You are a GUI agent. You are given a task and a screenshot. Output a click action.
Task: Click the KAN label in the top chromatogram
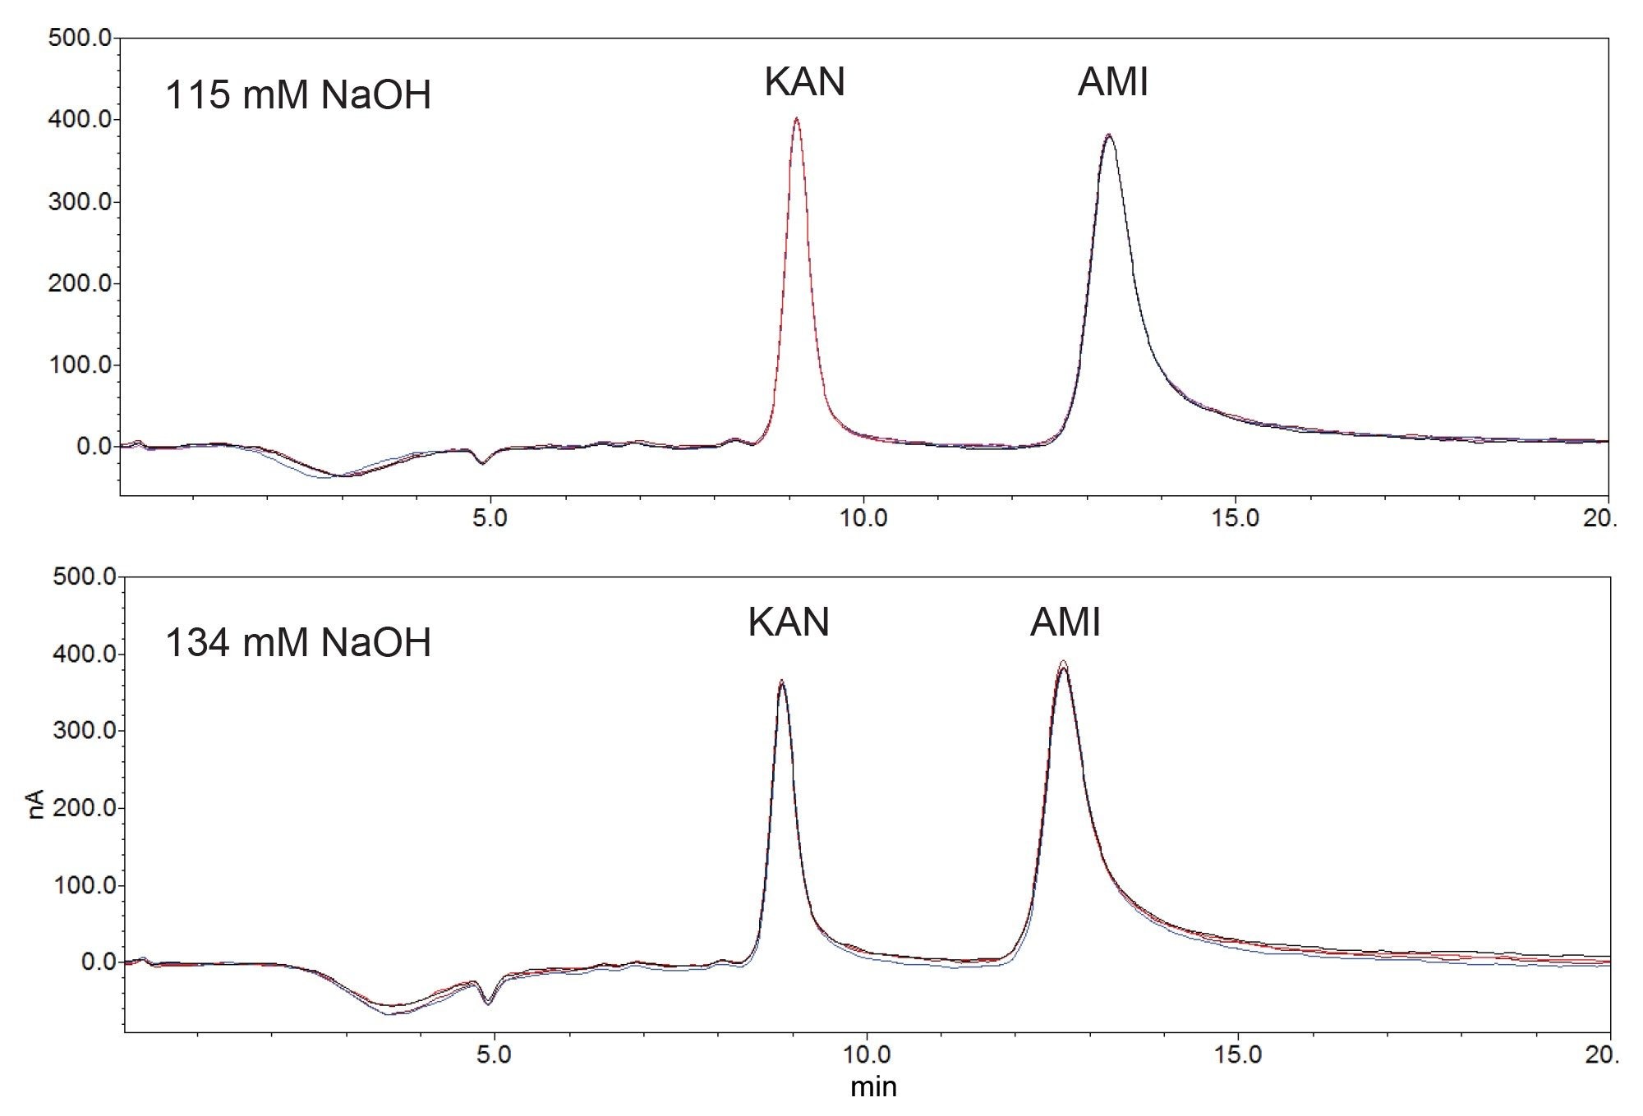804,82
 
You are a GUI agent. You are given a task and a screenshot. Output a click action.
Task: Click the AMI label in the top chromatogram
1112,82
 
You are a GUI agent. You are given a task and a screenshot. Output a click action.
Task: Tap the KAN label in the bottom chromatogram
788,622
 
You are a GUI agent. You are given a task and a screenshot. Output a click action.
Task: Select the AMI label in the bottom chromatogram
1065,622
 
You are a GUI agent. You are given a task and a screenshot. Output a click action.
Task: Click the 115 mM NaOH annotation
298,95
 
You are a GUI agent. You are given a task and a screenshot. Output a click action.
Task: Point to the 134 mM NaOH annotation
298,642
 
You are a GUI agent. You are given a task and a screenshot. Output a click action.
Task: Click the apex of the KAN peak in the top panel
796,119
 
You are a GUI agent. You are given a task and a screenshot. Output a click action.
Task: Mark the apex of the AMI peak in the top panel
1108,135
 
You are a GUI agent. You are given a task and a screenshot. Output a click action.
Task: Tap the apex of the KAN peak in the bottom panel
781,682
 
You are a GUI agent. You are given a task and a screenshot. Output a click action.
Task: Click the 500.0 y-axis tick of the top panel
80,38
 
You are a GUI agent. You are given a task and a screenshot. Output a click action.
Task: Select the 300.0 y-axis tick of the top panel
80,202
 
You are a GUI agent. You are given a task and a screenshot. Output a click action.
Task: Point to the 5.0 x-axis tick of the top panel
490,519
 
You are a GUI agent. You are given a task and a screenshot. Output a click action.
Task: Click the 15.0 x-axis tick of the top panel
1236,519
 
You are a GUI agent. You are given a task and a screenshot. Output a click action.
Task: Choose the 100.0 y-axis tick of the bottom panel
83,885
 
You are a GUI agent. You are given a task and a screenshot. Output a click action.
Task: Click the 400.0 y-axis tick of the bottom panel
83,654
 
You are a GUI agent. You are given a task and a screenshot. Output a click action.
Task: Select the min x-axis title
873,1087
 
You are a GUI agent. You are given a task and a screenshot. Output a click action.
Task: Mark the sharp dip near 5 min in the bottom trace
488,1003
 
